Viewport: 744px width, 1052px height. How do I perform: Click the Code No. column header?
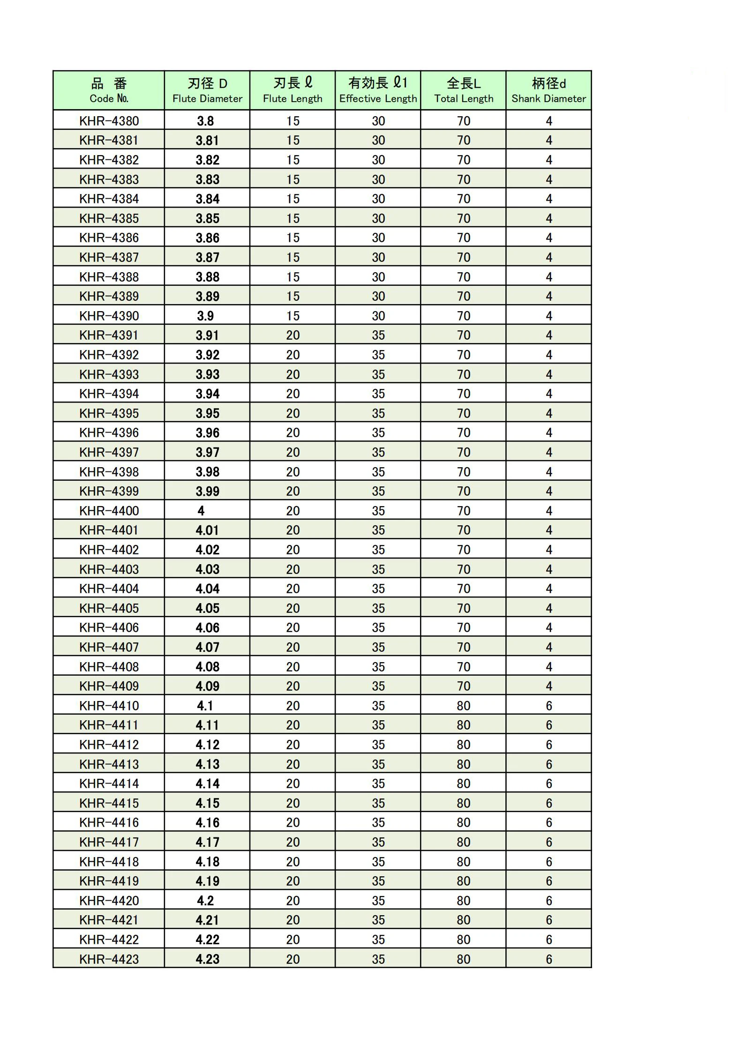click(109, 90)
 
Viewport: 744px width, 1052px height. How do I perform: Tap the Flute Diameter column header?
click(207, 90)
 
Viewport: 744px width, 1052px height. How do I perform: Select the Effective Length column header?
click(378, 90)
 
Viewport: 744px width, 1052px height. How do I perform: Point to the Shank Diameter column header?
click(549, 90)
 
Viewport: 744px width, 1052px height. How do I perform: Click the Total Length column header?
click(464, 90)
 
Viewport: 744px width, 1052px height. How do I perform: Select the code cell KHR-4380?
click(109, 121)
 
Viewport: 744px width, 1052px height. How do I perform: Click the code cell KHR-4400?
click(109, 511)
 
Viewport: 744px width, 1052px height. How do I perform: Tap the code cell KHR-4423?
click(109, 959)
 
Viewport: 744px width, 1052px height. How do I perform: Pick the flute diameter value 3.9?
click(205, 316)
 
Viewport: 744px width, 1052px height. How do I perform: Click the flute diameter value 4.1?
click(205, 706)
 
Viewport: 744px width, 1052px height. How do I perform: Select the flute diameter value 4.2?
click(205, 901)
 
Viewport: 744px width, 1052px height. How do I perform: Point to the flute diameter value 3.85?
click(207, 218)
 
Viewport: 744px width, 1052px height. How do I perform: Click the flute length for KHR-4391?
click(293, 336)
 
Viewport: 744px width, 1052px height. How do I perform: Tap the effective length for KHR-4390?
click(378, 316)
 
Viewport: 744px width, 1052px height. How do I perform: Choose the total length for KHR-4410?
click(464, 706)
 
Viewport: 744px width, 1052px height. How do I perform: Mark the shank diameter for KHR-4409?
click(549, 686)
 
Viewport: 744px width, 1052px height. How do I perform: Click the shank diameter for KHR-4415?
click(549, 803)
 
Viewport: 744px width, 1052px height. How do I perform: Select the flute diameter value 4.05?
click(207, 608)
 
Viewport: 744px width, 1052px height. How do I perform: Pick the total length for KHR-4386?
click(464, 238)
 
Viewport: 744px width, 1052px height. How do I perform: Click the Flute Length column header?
click(293, 90)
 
